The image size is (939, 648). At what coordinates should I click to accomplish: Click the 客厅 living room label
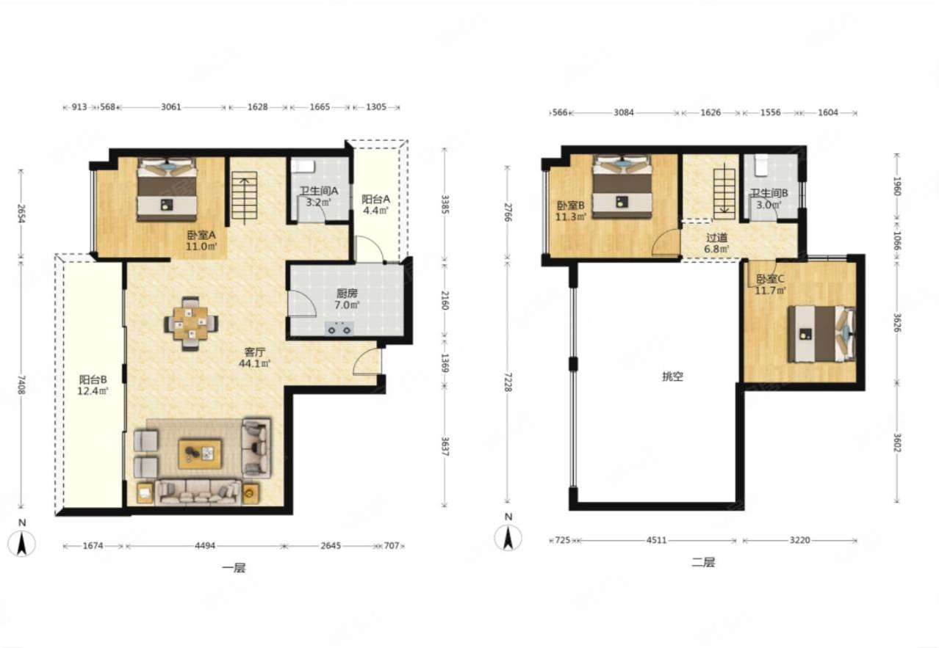click(254, 352)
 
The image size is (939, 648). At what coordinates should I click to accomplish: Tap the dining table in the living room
click(191, 323)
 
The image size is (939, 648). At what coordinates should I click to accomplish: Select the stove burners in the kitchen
click(339, 328)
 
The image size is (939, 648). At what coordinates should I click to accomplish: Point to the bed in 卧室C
click(821, 334)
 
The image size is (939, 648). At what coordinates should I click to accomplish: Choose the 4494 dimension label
click(205, 545)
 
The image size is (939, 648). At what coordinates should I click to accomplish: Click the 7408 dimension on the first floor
click(21, 385)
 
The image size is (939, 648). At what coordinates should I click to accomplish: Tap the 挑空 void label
click(672, 376)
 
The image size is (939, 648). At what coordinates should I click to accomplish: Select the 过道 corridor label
click(717, 238)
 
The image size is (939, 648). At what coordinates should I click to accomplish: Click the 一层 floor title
click(234, 568)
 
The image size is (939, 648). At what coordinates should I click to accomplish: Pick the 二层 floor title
click(703, 562)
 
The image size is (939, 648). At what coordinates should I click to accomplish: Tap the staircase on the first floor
click(245, 197)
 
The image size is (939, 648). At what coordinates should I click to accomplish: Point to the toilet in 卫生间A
click(303, 165)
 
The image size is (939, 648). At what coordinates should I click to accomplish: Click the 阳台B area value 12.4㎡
click(93, 391)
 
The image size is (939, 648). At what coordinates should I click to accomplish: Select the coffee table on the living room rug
click(200, 454)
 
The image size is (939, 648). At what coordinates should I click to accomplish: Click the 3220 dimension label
click(799, 540)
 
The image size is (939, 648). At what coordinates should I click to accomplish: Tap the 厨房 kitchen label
click(347, 294)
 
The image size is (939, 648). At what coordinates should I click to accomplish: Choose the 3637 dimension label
click(445, 447)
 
